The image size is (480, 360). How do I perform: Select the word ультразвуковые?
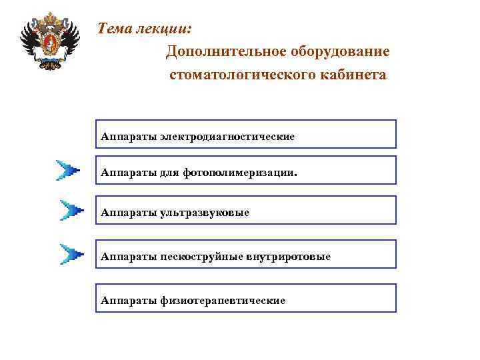[204, 213]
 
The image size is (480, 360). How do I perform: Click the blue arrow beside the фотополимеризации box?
[69, 170]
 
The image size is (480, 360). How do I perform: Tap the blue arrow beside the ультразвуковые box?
[71, 211]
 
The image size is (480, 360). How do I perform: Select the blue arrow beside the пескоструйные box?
[71, 254]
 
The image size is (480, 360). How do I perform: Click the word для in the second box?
[169, 172]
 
